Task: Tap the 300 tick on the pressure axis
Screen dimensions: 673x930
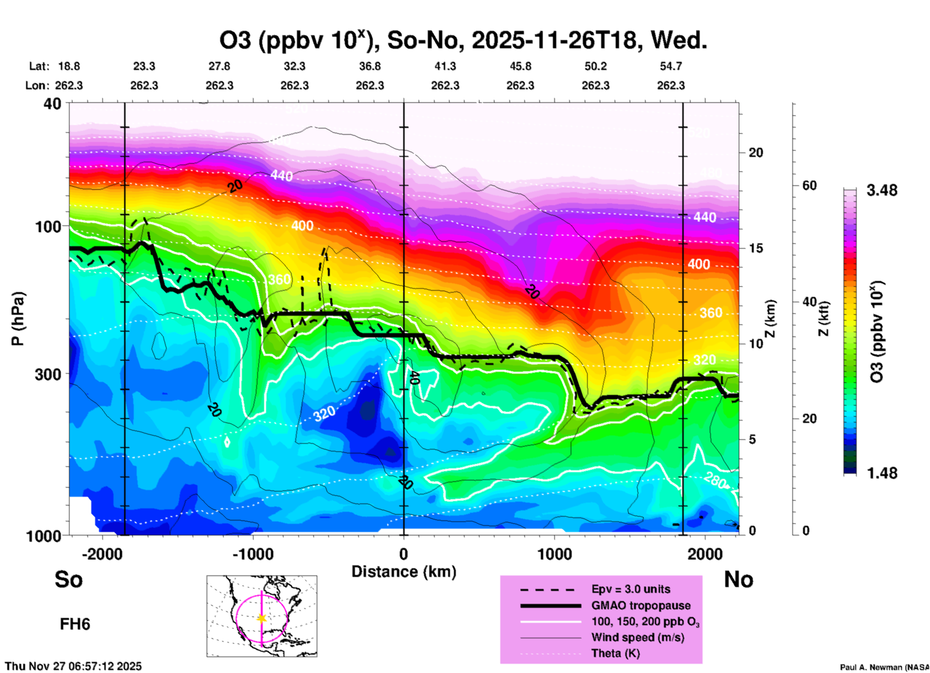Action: (48, 374)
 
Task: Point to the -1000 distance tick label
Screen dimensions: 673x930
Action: (253, 554)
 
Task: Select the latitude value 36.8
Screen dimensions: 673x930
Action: (369, 67)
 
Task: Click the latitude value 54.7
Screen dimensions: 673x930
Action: (671, 67)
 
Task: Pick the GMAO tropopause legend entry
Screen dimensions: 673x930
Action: (641, 605)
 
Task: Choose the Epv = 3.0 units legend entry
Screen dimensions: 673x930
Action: (631, 589)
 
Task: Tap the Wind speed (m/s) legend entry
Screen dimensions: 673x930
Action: (637, 637)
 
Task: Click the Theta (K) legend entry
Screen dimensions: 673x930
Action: (615, 653)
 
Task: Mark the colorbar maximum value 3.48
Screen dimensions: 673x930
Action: (882, 191)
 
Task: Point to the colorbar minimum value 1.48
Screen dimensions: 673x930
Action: (882, 473)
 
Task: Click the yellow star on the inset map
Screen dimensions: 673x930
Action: (262, 618)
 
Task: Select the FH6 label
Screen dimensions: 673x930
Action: (75, 624)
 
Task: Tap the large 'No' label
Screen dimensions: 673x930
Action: (738, 579)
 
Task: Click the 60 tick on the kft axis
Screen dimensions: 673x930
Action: (809, 186)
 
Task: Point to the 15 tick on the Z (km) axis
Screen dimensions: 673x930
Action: (756, 248)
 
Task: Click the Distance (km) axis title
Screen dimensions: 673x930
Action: (404, 572)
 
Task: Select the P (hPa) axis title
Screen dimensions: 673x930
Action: (18, 319)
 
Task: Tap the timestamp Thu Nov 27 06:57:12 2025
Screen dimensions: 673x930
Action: (73, 666)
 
